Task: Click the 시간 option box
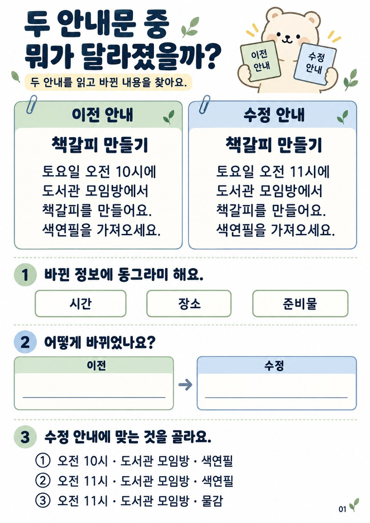[x=80, y=304]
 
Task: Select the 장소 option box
[x=189, y=304]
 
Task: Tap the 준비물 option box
[x=300, y=304]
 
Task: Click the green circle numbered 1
[x=25, y=275]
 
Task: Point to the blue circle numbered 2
[x=25, y=342]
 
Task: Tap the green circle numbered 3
[x=25, y=436]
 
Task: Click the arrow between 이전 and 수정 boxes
[x=185, y=385]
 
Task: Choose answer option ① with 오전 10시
[x=134, y=461]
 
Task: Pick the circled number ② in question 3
[x=42, y=481]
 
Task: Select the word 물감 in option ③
[x=212, y=500]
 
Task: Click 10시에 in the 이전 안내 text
[x=136, y=172]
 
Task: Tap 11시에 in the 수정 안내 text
[x=310, y=172]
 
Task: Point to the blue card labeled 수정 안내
[x=314, y=63]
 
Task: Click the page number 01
[x=342, y=509]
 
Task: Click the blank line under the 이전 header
[x=94, y=397]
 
